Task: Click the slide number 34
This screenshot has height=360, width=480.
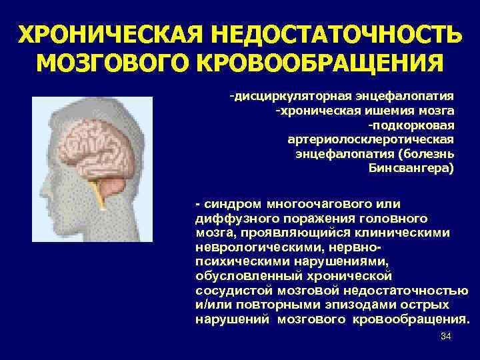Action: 446,337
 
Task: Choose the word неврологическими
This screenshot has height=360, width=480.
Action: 246,247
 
